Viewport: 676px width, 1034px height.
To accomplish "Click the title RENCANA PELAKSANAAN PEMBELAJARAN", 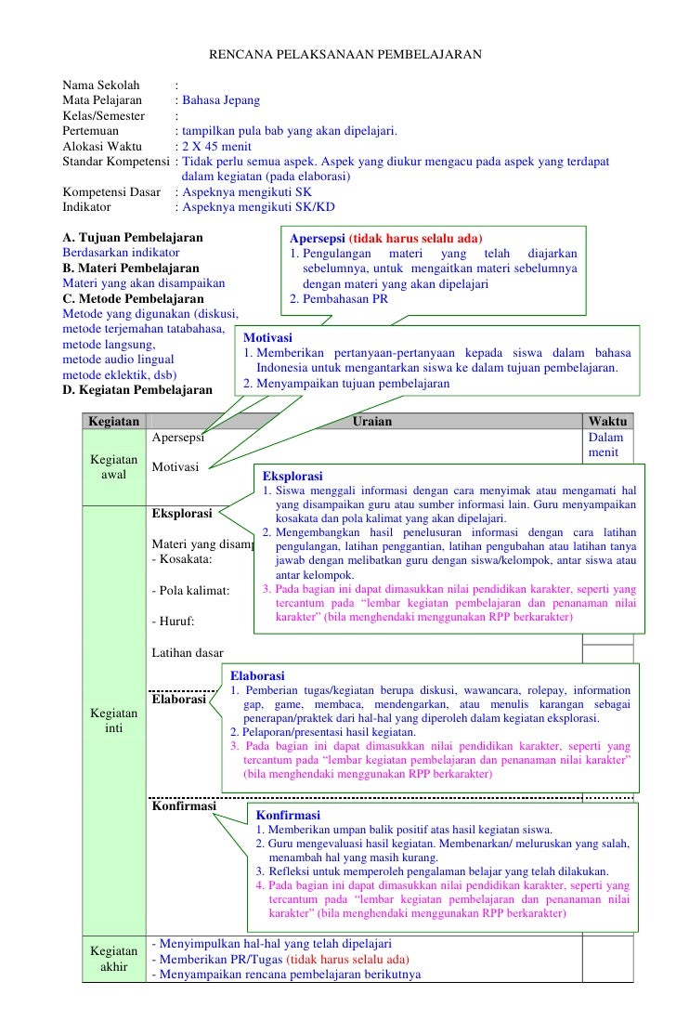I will (x=344, y=56).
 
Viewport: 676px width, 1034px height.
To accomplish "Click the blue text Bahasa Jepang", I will (x=221, y=100).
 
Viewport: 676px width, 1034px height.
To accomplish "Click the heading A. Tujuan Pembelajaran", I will (x=132, y=237).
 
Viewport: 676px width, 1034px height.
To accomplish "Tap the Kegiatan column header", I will (x=112, y=421).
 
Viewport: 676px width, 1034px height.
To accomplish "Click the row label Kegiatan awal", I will (x=113, y=466).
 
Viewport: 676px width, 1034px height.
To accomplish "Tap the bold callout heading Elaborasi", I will (x=257, y=675).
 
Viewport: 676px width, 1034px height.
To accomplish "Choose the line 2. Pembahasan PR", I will (x=338, y=299).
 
